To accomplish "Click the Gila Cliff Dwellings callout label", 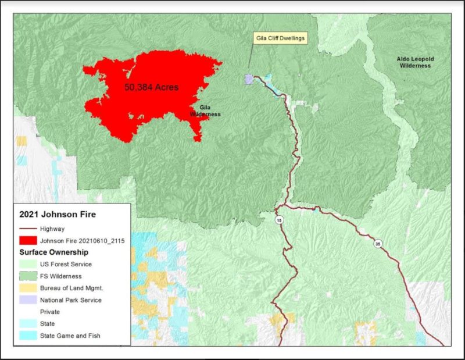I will pyautogui.click(x=280, y=38).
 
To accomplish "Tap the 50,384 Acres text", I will pyautogui.click(x=151, y=87).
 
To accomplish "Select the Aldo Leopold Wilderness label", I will pyautogui.click(x=414, y=62).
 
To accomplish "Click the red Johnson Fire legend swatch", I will pyautogui.click(x=27, y=240).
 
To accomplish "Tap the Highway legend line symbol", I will pyautogui.click(x=27, y=229).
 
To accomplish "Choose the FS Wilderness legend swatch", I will pyautogui.click(x=27, y=276).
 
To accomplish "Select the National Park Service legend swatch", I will pyautogui.click(x=27, y=300).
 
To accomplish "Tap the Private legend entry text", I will pyautogui.click(x=49, y=312).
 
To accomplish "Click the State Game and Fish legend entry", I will pyautogui.click(x=67, y=336).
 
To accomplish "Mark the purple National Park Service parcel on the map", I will pyautogui.click(x=249, y=79).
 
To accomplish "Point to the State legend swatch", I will pyautogui.click(x=27, y=324).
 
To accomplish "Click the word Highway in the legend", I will pyautogui.click(x=52, y=229).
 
